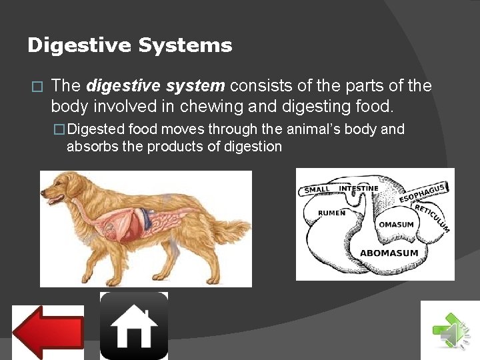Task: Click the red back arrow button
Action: [48, 331]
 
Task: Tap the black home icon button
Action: [134, 326]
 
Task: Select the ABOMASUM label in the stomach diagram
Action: [389, 253]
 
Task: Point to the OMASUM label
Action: [396, 225]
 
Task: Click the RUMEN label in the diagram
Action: [331, 213]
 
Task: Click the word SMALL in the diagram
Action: [317, 190]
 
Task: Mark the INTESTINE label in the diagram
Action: [359, 188]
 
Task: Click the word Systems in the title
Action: [186, 45]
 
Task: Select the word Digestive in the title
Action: [80, 45]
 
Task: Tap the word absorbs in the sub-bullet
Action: [91, 146]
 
